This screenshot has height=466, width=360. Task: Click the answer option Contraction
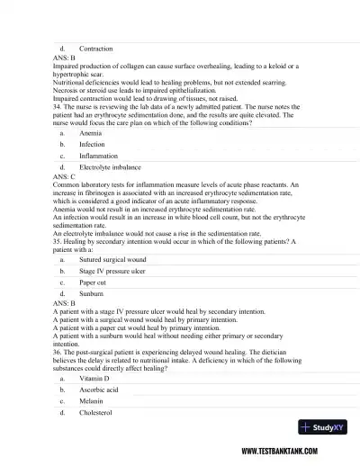pyautogui.click(x=95, y=47)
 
